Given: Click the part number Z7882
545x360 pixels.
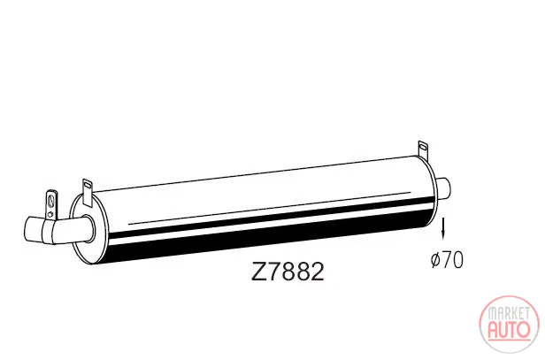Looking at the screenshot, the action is point(288,272).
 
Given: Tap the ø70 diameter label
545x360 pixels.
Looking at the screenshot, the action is point(447,259).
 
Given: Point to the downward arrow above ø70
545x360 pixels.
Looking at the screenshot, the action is point(443,228).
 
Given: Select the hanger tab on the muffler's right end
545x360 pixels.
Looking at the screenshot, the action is point(423,149).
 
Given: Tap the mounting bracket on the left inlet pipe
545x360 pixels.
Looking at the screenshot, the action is point(51,205).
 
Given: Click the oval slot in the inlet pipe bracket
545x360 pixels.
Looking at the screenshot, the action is point(52,201).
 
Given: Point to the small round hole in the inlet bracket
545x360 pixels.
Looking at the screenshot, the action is point(51,214).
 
